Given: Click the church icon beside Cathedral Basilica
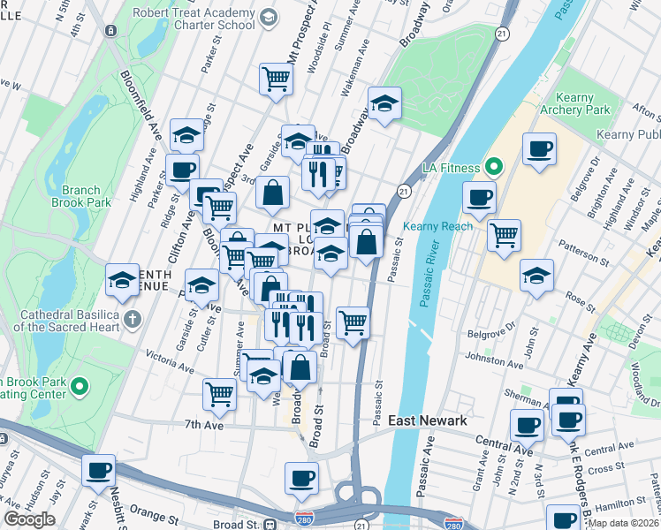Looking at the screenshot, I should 132,317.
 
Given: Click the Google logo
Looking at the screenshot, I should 29,519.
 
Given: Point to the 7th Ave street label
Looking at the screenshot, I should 203,425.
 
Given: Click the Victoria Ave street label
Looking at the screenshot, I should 171,360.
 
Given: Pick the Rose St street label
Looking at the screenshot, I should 581,300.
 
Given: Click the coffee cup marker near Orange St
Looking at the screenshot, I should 99,470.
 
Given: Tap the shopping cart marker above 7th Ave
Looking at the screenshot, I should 219,394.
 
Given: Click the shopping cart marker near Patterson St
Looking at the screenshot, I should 503,235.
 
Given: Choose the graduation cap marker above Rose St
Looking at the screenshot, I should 536,275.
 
